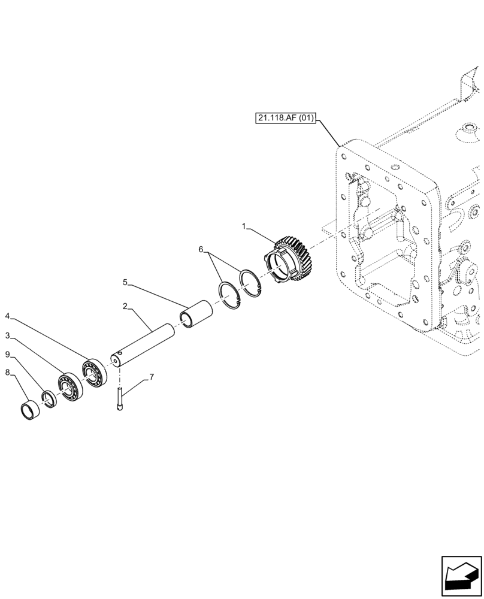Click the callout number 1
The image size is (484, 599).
[244, 226]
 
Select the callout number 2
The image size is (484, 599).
[124, 306]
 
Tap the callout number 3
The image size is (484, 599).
[7, 335]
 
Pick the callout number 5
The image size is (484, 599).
[125, 282]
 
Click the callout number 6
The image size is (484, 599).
[201, 249]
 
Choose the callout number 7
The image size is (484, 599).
[152, 377]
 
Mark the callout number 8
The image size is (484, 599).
[7, 372]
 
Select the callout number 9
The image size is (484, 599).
[7, 354]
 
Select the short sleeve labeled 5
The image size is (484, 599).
[197, 314]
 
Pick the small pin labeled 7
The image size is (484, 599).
[120, 399]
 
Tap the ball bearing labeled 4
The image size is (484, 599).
[95, 371]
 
